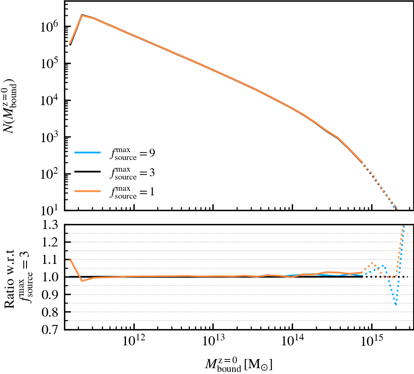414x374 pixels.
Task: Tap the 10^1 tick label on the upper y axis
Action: coord(49,210)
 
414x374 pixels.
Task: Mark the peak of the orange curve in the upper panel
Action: coord(82,15)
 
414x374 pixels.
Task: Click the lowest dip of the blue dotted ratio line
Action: coord(396,305)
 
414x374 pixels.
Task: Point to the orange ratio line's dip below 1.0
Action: coord(82,281)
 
